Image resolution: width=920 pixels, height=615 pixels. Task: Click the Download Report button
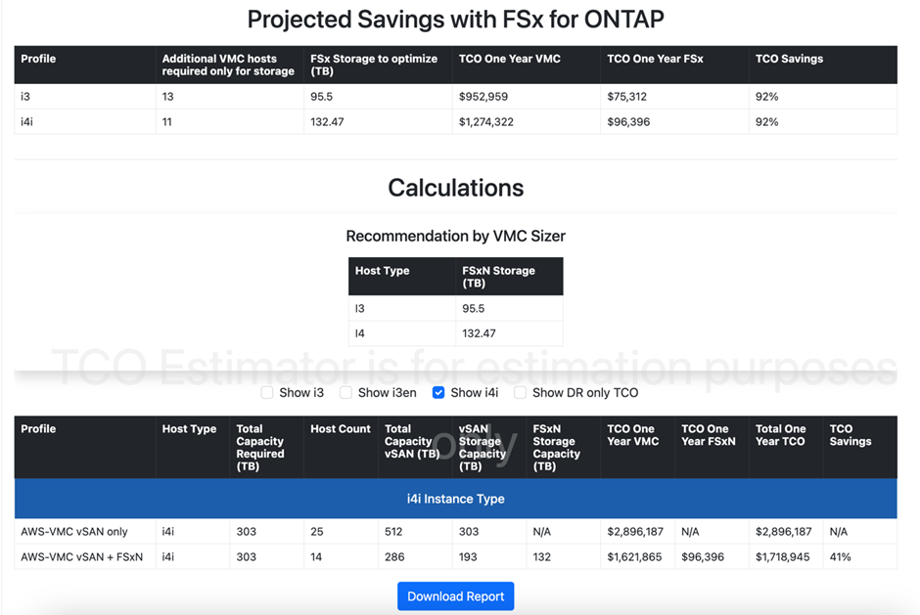(x=455, y=596)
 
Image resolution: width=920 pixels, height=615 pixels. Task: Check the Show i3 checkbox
(x=267, y=393)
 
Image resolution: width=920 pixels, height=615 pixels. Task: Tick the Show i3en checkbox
(x=345, y=393)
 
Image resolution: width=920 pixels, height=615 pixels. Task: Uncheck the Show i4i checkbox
(x=438, y=393)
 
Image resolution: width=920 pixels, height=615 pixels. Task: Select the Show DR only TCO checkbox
(x=521, y=393)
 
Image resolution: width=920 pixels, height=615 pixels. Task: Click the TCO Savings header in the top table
(x=789, y=59)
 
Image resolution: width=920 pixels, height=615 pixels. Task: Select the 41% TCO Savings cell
(x=841, y=557)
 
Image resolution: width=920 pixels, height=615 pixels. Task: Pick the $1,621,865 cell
(x=634, y=557)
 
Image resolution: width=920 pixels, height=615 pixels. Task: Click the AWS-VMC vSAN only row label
(x=74, y=532)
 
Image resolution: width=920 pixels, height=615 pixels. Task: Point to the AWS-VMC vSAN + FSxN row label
(x=82, y=557)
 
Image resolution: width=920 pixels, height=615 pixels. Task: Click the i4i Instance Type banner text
(x=455, y=499)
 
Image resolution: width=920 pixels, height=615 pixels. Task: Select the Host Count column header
(x=341, y=429)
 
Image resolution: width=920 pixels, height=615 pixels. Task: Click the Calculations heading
(x=455, y=188)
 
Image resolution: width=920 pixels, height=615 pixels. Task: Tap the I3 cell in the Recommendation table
(x=360, y=309)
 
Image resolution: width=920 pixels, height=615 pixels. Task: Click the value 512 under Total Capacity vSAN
(x=394, y=532)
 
